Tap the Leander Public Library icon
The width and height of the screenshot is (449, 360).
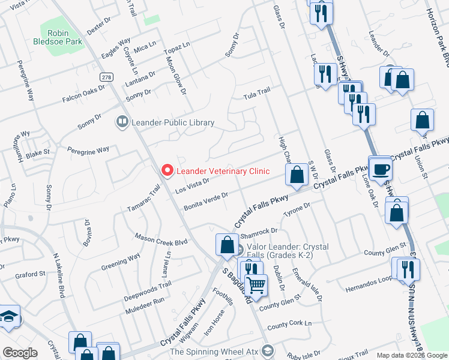click(122, 122)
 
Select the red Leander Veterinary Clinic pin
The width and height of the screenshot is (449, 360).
click(167, 171)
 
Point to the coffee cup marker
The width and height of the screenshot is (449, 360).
click(380, 169)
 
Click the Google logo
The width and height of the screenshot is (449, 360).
click(20, 352)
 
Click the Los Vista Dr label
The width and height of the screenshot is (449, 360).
click(191, 185)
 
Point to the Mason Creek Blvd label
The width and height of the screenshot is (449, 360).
click(161, 238)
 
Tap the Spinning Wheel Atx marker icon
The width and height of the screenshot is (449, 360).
click(268, 351)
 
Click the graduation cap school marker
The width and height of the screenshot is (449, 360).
click(9, 317)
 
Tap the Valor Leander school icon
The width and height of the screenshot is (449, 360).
click(239, 250)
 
